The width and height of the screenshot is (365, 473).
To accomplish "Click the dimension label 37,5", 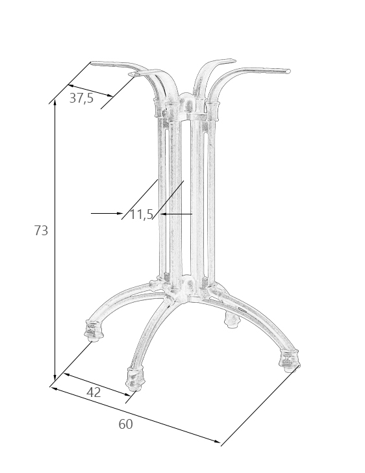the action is pos(81,98).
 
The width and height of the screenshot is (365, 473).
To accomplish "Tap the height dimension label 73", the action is pos(41,231).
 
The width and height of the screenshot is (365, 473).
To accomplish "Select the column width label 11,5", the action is pos(142,214).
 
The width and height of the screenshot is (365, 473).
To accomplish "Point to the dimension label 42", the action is pos(94,392).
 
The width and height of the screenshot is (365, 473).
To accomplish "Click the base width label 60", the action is pos(125,424).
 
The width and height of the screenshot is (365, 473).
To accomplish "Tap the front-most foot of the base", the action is pos(136,379).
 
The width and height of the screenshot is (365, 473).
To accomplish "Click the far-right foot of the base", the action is pos(290,361).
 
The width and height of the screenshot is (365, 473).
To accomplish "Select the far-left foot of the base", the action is pos(94,331).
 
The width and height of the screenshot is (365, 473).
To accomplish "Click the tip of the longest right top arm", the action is pos(288,71).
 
